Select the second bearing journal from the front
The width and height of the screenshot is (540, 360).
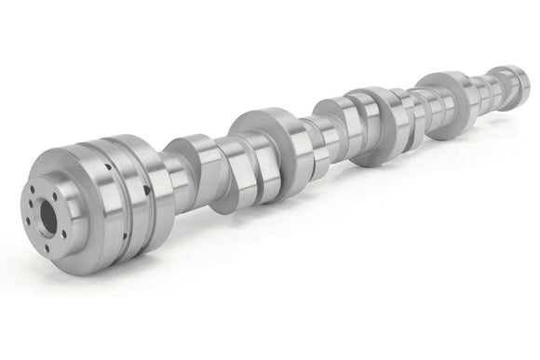(265, 140)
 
